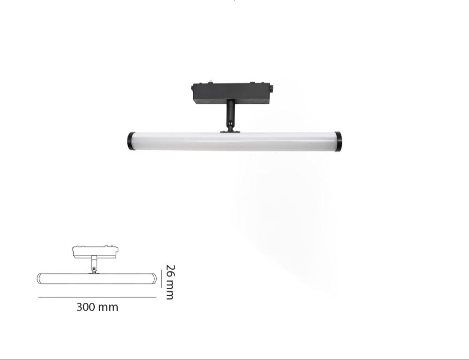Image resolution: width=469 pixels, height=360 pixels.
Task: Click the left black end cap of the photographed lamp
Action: pos(130,141)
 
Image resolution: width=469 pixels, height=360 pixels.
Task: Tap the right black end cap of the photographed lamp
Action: pos(338,141)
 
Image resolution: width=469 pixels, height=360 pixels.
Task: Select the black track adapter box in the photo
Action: pos(232,94)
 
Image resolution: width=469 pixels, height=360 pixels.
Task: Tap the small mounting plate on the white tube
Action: pos(230,131)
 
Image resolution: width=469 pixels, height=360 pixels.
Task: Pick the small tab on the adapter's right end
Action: pos(272,89)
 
